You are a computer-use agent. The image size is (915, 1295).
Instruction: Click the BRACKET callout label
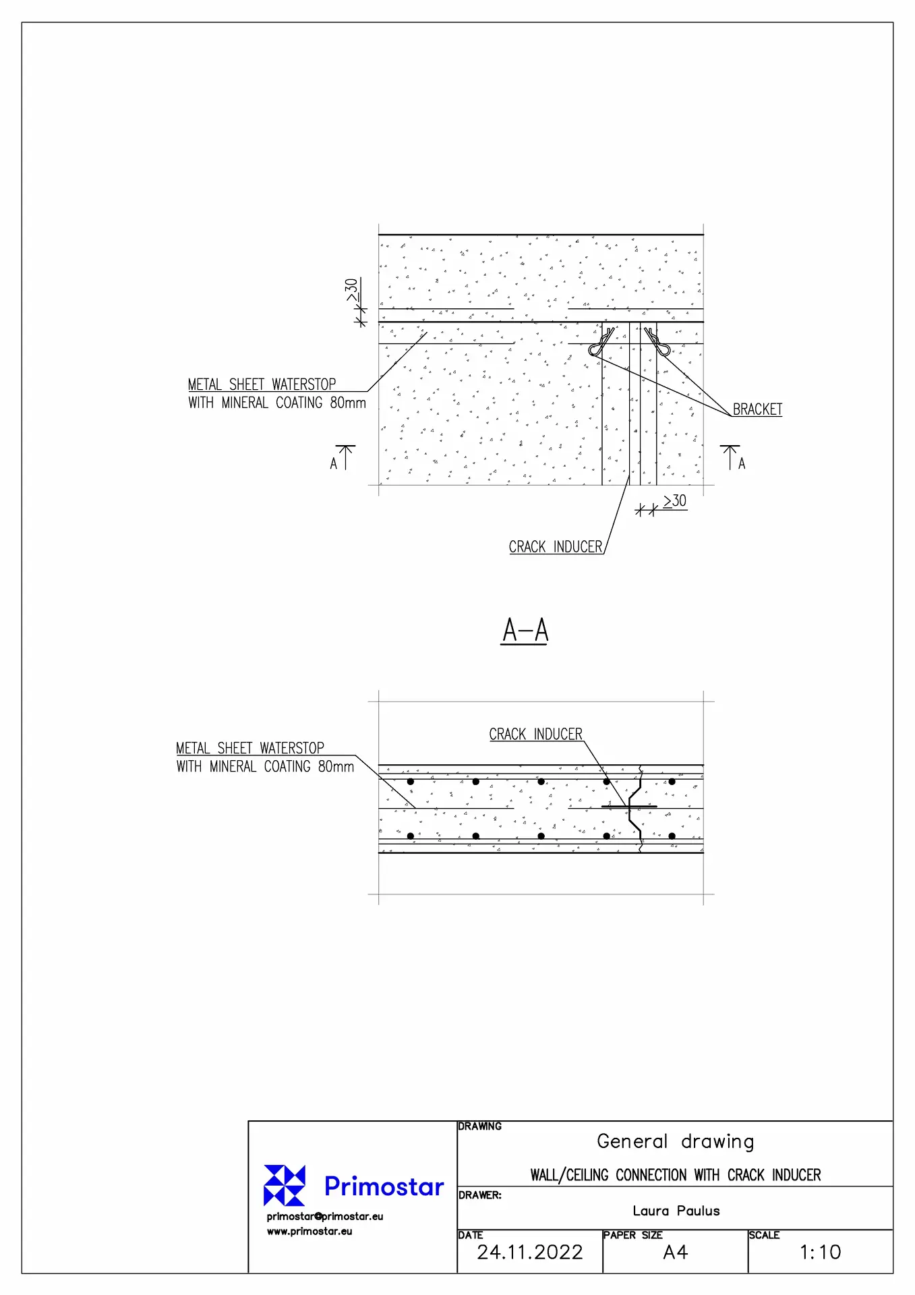757,409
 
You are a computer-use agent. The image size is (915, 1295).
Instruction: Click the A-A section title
525,631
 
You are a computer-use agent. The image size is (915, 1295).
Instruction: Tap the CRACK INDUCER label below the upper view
556,547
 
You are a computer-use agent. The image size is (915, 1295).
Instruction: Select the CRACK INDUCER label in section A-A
536,734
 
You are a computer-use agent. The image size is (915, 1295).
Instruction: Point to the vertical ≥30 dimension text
352,290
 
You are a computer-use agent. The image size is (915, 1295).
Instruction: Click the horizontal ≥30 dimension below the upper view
674,501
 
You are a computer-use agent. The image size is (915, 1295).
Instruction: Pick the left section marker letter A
334,463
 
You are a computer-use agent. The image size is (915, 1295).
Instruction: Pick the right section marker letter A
742,463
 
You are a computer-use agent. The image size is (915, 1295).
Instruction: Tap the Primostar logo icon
285,1185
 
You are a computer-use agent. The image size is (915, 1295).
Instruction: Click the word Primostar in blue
384,1186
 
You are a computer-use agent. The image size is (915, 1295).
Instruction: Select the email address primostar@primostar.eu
325,1216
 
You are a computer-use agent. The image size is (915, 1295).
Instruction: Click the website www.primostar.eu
309,1231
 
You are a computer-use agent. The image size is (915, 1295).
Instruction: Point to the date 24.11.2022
530,1253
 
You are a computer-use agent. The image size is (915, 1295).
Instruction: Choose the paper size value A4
675,1253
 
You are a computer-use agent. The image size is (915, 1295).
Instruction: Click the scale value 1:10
820,1253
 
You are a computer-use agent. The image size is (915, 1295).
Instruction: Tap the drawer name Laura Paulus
676,1211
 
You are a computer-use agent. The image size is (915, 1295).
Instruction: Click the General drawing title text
675,1141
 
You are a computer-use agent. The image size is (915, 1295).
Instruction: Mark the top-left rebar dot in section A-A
411,782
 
